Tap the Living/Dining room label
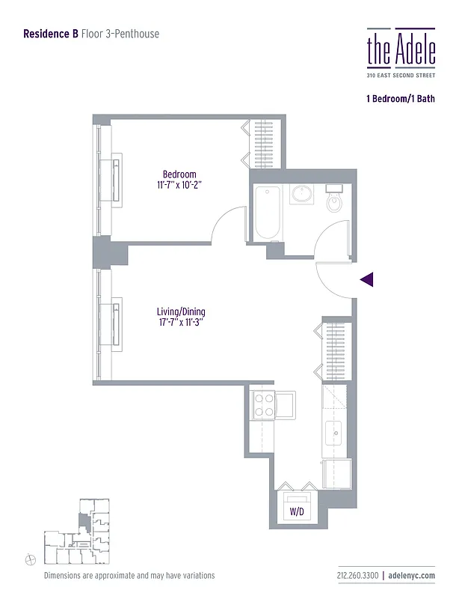pyautogui.click(x=181, y=312)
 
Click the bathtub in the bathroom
pyautogui.click(x=266, y=213)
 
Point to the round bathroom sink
pyautogui.click(x=303, y=195)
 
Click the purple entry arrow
pyautogui.click(x=366, y=280)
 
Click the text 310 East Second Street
pyautogui.click(x=400, y=76)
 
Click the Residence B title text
pyautogui.click(x=51, y=34)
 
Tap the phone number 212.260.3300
pyautogui.click(x=357, y=576)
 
